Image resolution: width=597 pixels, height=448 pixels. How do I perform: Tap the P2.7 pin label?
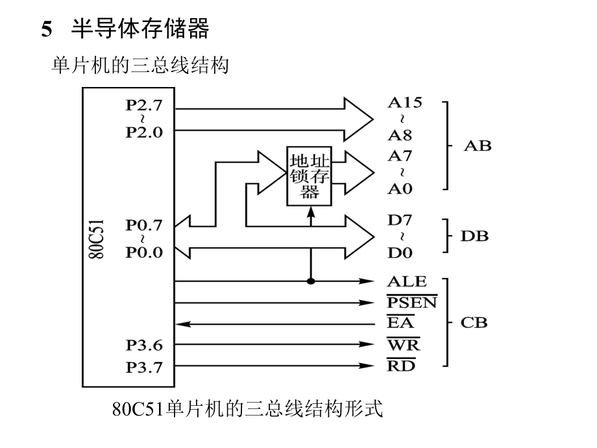click(144, 106)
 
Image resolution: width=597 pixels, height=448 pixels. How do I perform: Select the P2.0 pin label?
click(144, 132)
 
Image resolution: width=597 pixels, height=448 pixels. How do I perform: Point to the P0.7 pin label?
click(144, 225)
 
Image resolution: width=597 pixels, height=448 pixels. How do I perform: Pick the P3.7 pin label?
click(144, 367)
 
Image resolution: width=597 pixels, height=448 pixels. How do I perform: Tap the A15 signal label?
click(405, 102)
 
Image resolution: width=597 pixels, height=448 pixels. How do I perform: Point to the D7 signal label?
click(400, 220)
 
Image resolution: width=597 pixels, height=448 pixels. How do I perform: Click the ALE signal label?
click(407, 281)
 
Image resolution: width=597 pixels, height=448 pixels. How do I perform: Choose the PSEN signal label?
click(412, 303)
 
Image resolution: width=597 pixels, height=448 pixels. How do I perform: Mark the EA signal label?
click(400, 323)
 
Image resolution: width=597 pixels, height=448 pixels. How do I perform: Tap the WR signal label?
click(403, 344)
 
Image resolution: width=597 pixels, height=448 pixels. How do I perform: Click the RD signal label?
click(402, 366)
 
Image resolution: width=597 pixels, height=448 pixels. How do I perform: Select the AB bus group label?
click(478, 145)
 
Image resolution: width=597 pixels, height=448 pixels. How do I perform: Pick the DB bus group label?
click(474, 236)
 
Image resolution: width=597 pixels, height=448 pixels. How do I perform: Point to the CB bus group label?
click(474, 323)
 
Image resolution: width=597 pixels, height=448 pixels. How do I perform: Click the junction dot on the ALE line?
click(311, 281)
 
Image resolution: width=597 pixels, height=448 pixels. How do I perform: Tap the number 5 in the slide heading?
click(46, 29)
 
